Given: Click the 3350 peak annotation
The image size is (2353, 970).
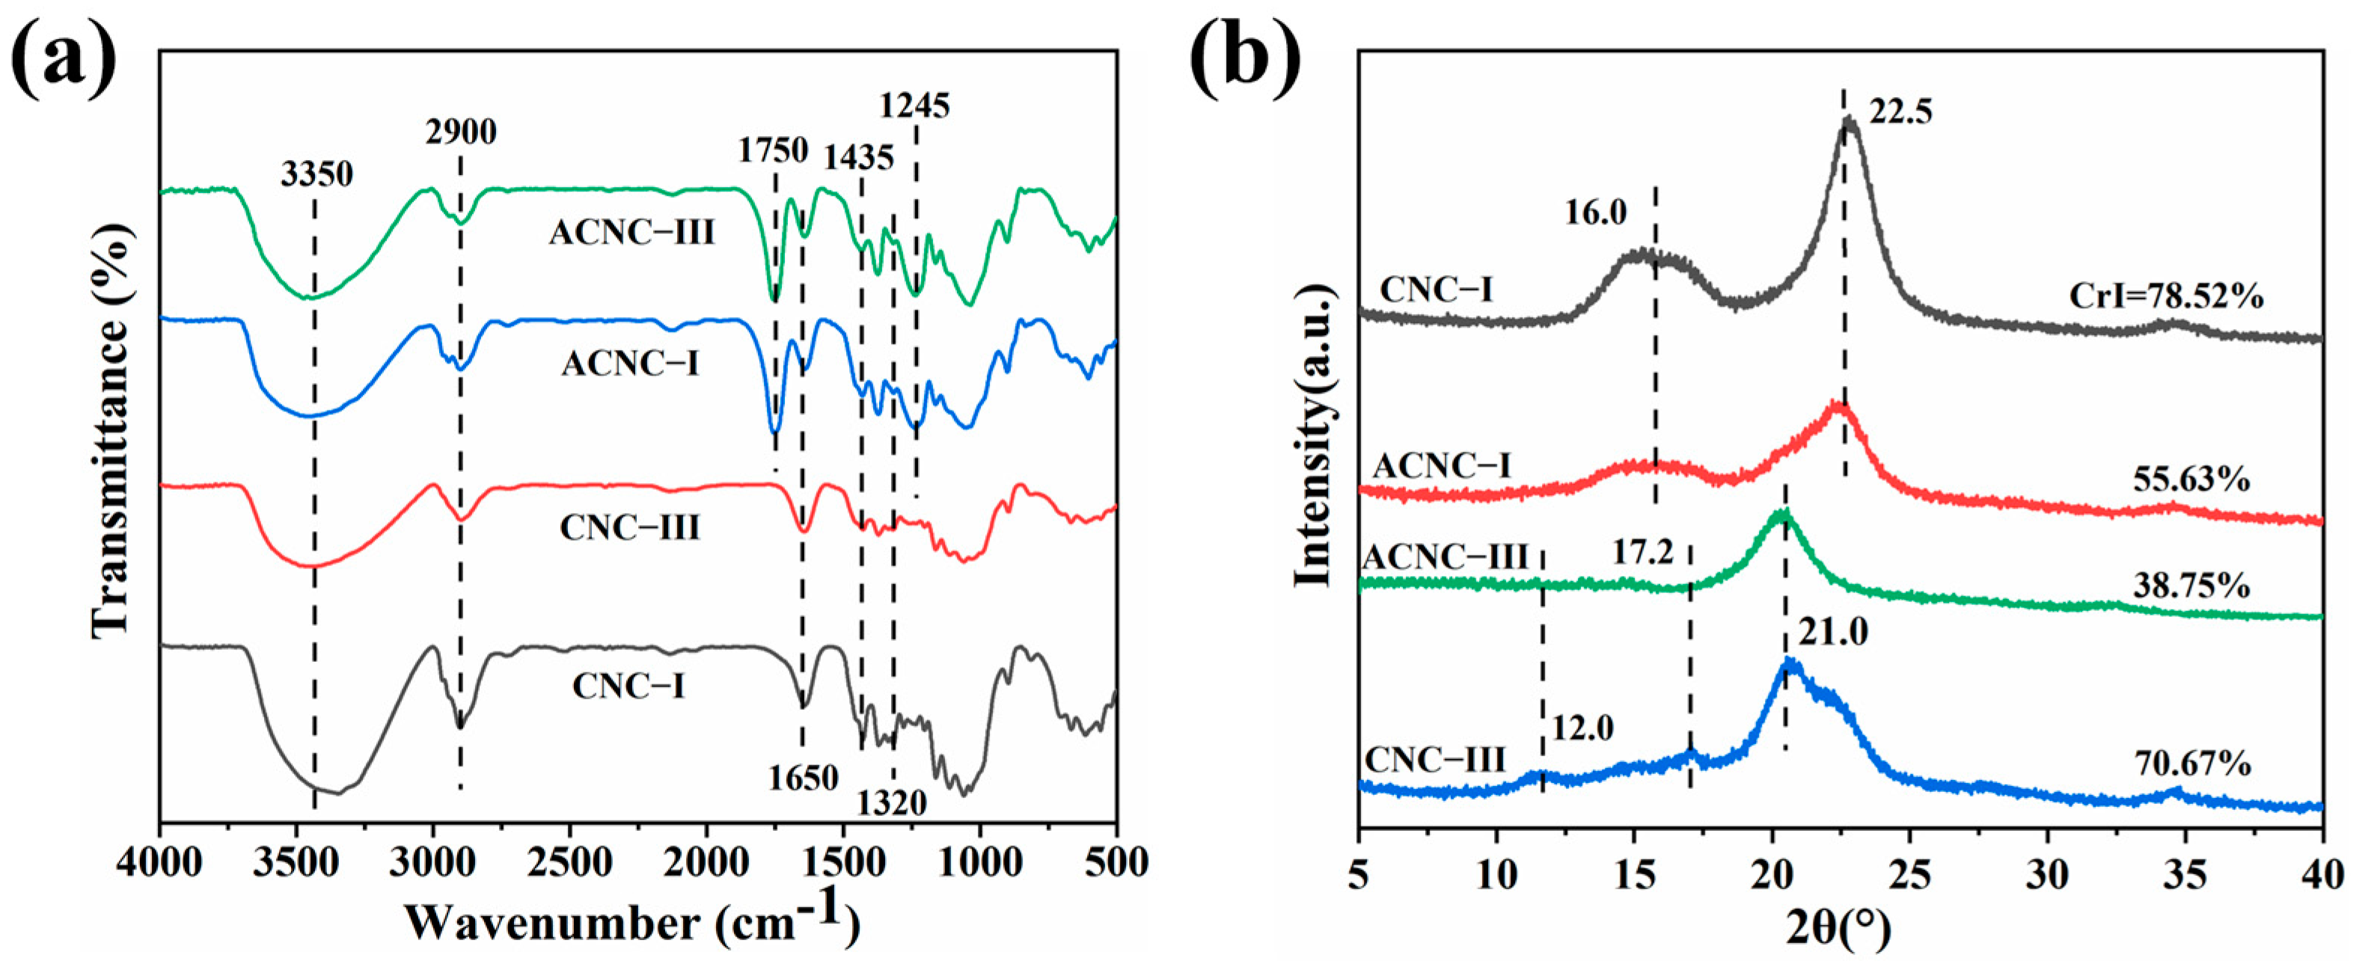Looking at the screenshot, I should click(316, 174).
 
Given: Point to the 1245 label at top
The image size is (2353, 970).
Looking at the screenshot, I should click(914, 106).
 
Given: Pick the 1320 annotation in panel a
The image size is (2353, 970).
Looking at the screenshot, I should click(892, 803).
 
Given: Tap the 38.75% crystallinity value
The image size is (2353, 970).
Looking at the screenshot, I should click(2191, 586).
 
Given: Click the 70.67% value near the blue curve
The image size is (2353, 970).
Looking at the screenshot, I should click(2192, 764).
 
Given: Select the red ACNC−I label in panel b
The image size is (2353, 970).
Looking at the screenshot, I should click(1442, 467).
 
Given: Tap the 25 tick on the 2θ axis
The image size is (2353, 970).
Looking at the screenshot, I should click(1910, 875).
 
